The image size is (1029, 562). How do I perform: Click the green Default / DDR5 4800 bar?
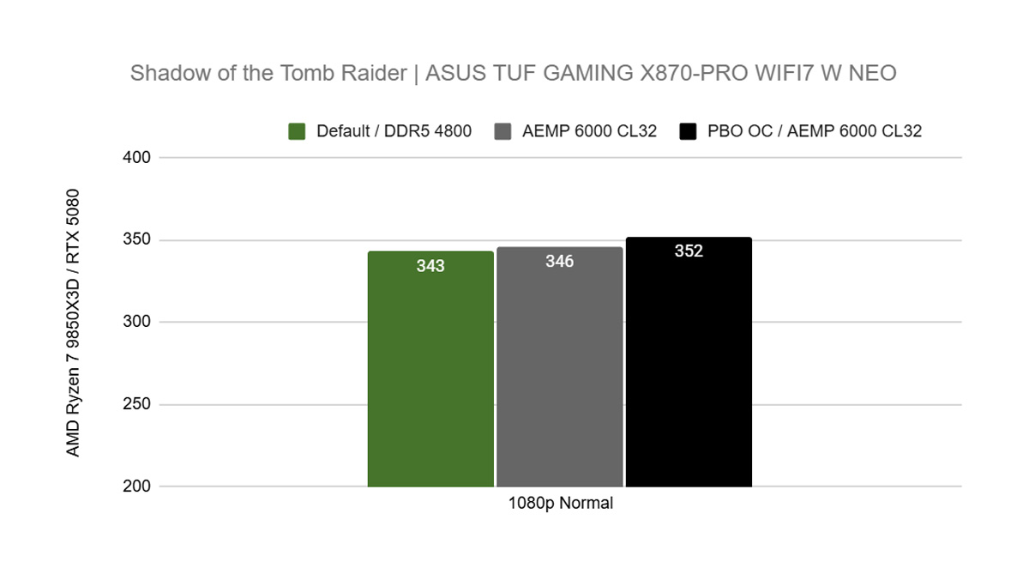point(430,378)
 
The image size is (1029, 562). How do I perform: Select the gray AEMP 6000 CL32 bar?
point(559,378)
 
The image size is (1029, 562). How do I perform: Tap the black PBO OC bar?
point(689,378)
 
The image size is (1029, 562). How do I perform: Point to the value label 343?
point(430,266)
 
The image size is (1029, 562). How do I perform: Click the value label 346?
point(559,261)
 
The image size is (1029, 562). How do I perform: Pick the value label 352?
point(689,251)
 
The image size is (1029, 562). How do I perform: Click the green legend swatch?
point(297,131)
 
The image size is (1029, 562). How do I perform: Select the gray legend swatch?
point(503,131)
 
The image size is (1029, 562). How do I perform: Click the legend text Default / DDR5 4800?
point(394,131)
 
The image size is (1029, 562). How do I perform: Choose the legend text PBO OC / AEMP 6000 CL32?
point(815,131)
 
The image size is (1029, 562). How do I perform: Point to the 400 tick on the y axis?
point(137,158)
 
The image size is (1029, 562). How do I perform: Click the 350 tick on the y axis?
point(137,240)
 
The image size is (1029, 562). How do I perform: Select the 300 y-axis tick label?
point(137,323)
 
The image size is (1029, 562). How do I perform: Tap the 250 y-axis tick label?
point(137,405)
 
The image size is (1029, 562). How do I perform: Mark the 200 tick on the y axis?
point(137,486)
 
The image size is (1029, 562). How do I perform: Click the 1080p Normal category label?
point(559,504)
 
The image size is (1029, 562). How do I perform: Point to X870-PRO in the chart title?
point(696,74)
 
